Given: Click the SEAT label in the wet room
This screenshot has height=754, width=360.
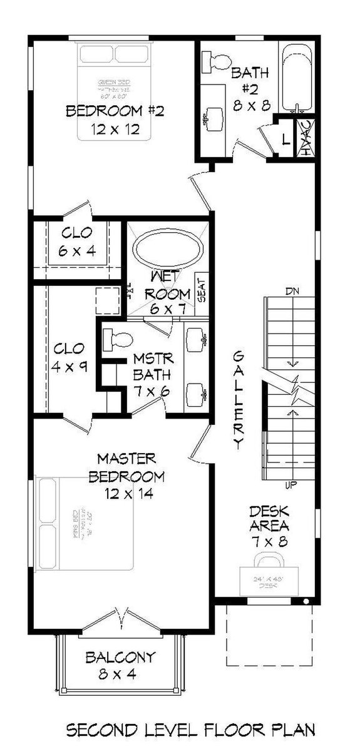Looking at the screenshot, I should pyautogui.click(x=202, y=288).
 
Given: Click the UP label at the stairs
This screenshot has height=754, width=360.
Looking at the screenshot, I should pyautogui.click(x=291, y=484).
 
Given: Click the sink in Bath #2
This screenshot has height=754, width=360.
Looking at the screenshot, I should pyautogui.click(x=209, y=118).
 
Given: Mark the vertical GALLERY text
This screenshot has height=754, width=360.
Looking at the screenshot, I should pyautogui.click(x=238, y=400).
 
